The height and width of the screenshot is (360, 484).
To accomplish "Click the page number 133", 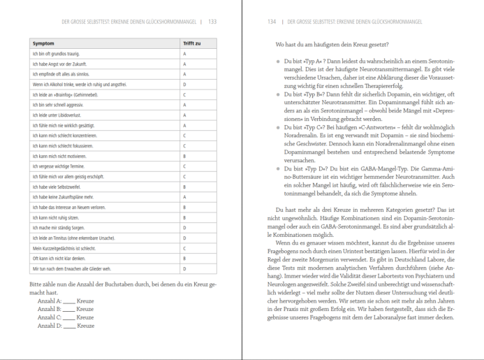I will [x=212, y=22].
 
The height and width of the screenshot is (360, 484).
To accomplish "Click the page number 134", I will [x=272, y=22].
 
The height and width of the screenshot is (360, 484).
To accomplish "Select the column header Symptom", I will [x=43, y=43].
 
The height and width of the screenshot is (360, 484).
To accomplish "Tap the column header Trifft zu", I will [x=192, y=43].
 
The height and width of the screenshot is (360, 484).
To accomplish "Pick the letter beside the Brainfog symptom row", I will [x=184, y=94].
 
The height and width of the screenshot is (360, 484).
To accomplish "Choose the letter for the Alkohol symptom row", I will [x=184, y=85].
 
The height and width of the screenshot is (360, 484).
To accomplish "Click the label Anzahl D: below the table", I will [x=49, y=326].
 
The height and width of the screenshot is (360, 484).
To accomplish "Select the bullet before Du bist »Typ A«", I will [x=279, y=61].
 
